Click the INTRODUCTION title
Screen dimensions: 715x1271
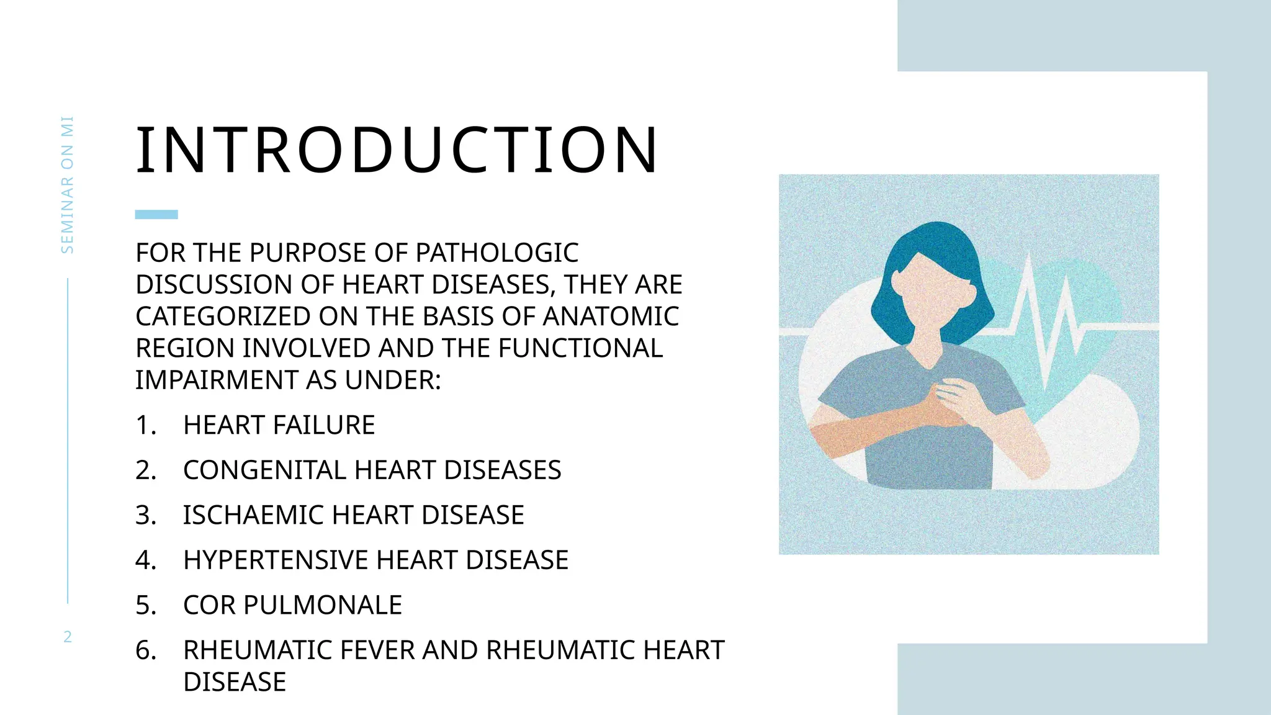(397, 150)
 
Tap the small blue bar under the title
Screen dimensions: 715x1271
(156, 215)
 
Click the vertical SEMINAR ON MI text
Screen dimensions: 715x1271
(68, 185)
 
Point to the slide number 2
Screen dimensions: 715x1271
(68, 636)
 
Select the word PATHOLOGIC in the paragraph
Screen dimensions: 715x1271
(496, 253)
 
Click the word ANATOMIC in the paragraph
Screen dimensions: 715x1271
(611, 317)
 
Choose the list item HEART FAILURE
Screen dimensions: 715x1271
(279, 425)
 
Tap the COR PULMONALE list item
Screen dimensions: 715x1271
(292, 605)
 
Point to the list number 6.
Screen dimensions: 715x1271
(145, 650)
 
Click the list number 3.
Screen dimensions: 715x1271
(145, 515)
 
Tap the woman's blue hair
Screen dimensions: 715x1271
(931, 248)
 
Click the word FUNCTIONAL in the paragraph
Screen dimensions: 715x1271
(580, 348)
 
